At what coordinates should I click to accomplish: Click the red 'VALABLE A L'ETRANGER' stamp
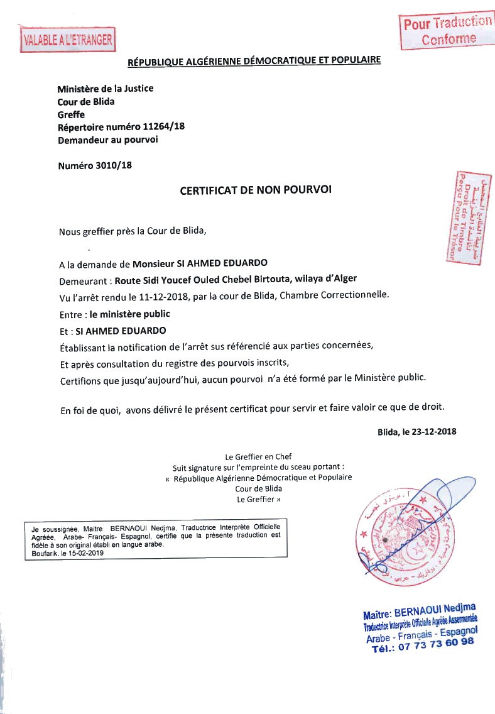[67, 41]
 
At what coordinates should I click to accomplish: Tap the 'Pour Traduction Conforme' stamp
[447, 30]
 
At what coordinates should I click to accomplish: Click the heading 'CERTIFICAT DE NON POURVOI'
[255, 189]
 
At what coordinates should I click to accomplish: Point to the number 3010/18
[113, 166]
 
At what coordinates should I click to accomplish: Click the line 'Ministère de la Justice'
[106, 89]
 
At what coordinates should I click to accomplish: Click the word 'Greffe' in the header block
[71, 114]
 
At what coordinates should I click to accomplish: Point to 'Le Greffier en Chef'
[258, 457]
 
